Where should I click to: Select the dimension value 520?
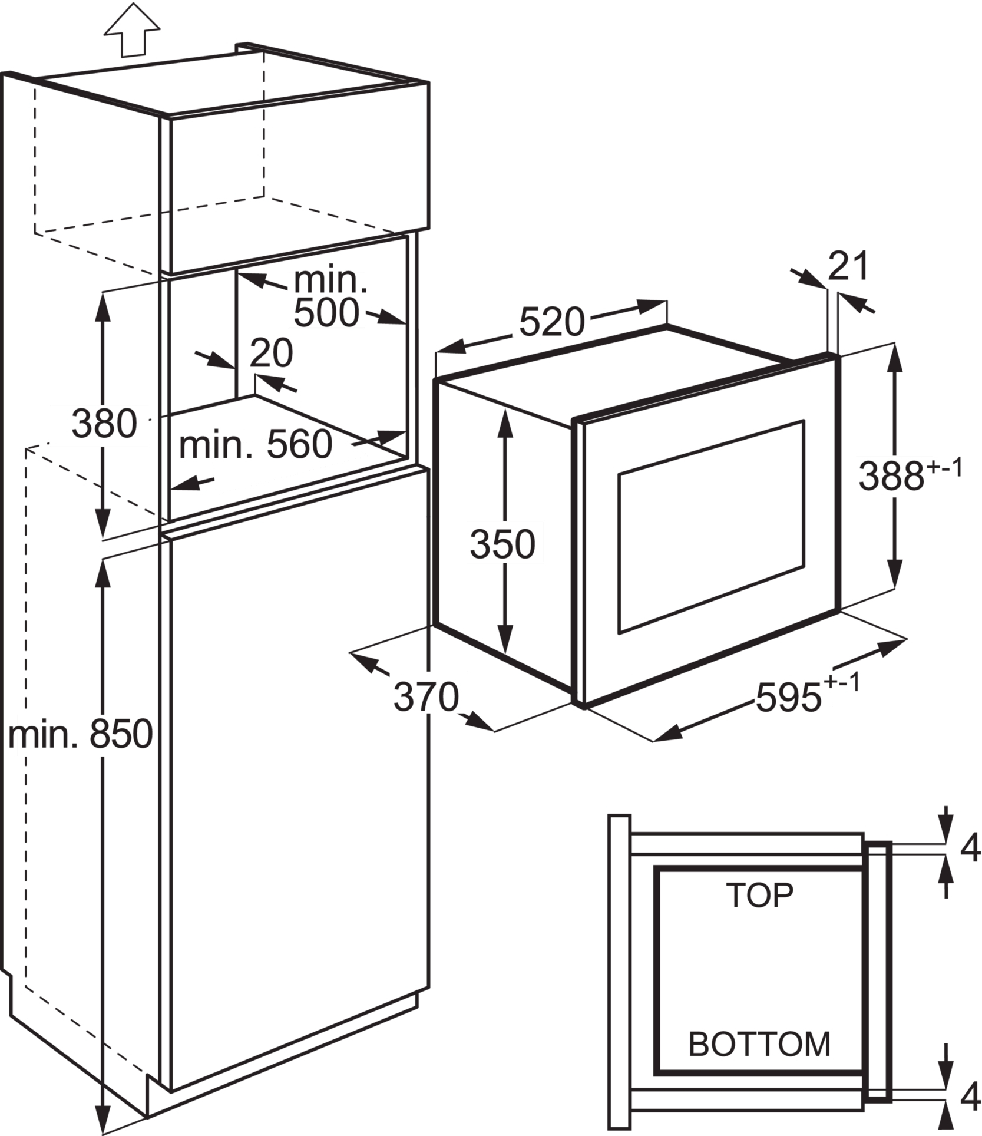(x=552, y=322)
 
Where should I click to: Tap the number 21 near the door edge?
(x=848, y=266)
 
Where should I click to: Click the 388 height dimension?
(x=891, y=475)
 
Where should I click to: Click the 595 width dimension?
(x=789, y=697)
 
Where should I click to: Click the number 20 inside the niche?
(x=271, y=353)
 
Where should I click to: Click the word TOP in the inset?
(x=759, y=895)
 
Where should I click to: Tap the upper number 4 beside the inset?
(x=970, y=848)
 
